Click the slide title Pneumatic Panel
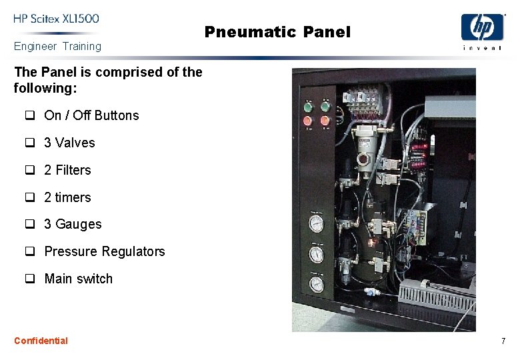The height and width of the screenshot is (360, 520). click(x=277, y=32)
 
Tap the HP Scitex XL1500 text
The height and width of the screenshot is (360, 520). click(x=56, y=19)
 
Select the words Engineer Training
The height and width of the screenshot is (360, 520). click(x=57, y=47)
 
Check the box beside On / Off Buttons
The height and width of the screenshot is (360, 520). click(x=30, y=115)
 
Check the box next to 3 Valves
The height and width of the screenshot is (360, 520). click(x=30, y=143)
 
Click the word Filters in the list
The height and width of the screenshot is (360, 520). click(x=73, y=170)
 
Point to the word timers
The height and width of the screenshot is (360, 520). click(x=73, y=197)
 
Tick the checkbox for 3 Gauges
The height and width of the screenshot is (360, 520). click(x=30, y=224)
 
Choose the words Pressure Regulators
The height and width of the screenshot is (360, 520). click(x=105, y=251)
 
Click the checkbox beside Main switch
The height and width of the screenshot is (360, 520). click(x=30, y=279)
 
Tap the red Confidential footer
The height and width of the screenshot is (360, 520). click(x=41, y=341)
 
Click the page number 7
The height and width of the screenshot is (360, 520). click(x=503, y=341)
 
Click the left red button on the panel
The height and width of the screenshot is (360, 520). click(x=308, y=121)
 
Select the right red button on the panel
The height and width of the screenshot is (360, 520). click(x=325, y=121)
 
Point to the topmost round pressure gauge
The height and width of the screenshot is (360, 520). click(x=317, y=223)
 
